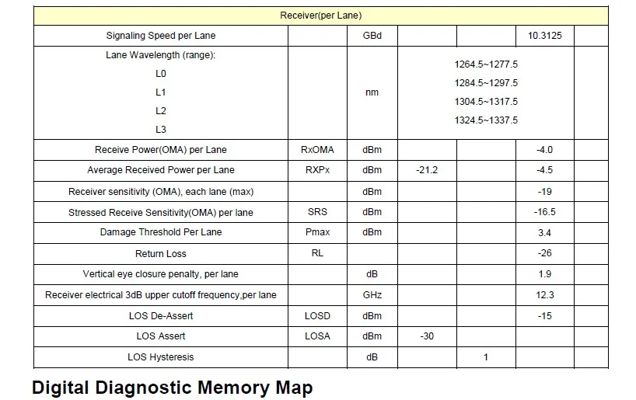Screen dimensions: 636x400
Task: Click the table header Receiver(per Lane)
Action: (x=321, y=16)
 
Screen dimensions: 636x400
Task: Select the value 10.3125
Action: (x=545, y=36)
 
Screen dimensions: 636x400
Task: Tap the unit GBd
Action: (x=372, y=36)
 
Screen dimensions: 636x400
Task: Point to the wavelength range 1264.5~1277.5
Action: (x=486, y=64)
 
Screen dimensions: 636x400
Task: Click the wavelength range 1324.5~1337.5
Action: (x=486, y=120)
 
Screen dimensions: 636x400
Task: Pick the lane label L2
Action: (x=161, y=111)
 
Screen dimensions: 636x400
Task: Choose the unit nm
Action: (x=372, y=92)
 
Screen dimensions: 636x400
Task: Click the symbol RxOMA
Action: (x=317, y=150)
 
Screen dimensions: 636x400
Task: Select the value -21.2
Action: (x=427, y=170)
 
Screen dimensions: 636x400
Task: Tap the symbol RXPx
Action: (x=317, y=170)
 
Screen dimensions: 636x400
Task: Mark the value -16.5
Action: (x=545, y=212)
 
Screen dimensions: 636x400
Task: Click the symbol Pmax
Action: (x=317, y=232)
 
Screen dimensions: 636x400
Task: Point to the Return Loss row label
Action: (x=161, y=254)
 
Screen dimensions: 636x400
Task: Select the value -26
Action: (x=545, y=253)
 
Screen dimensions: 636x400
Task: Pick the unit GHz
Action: (x=372, y=295)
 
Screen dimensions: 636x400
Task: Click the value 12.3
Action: (x=545, y=295)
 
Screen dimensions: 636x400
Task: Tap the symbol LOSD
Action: (x=317, y=316)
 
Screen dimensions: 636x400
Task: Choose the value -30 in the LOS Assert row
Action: (x=427, y=336)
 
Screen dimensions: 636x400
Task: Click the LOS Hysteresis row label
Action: (x=161, y=357)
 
